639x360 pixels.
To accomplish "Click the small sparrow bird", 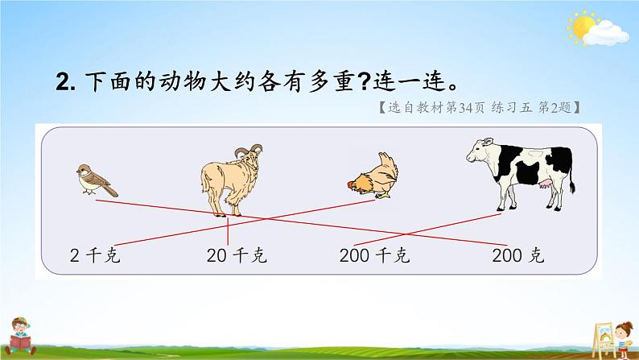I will tap(95, 180).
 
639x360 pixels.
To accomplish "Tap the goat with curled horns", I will tap(229, 180).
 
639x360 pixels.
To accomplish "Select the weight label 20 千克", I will tap(237, 257).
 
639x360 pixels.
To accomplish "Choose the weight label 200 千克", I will tap(374, 257).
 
